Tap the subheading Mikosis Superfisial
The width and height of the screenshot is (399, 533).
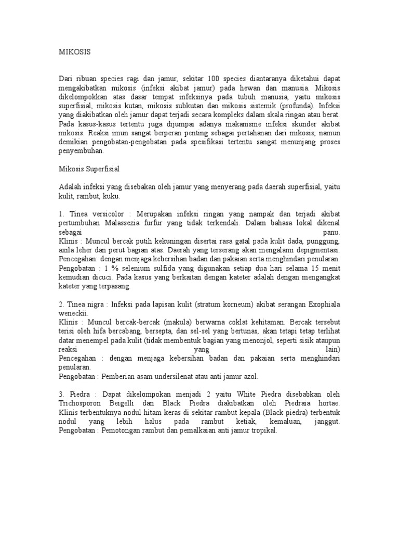point(90,169)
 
